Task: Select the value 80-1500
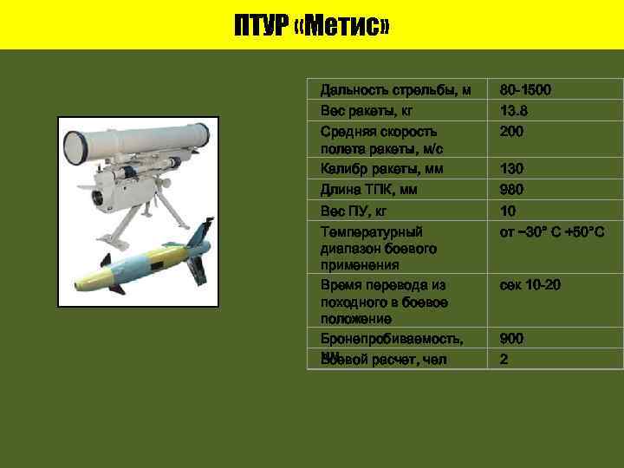coord(525,89)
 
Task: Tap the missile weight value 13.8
coord(513,111)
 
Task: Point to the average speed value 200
coord(512,132)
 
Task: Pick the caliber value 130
coord(512,168)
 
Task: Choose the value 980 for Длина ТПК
coord(512,189)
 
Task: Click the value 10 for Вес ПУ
coord(508,211)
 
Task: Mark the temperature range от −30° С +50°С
coord(551,232)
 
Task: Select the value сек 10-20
coord(530,284)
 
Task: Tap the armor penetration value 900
coord(512,338)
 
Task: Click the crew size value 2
coord(504,359)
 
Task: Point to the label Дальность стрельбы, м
coord(395,89)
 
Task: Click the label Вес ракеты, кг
coord(367,111)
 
